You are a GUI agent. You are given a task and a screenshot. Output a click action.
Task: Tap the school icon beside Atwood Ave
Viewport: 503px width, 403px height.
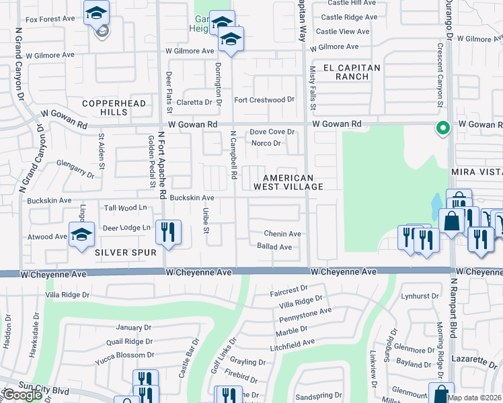pyautogui.click(x=81, y=235)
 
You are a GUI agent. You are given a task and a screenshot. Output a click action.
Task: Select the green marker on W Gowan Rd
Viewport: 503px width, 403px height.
pyautogui.click(x=442, y=128)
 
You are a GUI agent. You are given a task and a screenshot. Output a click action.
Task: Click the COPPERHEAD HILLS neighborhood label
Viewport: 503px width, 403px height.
pyautogui.click(x=104, y=107)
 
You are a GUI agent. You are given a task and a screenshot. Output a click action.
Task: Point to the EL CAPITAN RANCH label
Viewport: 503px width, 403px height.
pyautogui.click(x=342, y=72)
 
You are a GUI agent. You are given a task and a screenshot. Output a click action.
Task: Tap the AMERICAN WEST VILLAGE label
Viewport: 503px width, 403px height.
pyautogui.click(x=288, y=182)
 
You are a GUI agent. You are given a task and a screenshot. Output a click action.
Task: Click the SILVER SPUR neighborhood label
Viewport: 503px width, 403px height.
pyautogui.click(x=126, y=253)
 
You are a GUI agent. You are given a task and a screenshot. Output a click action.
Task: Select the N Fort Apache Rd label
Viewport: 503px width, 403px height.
pyautogui.click(x=162, y=165)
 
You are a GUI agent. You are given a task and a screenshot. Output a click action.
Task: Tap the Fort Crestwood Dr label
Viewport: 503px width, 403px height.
pyautogui.click(x=264, y=100)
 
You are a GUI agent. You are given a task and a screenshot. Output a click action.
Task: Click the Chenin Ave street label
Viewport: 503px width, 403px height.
pyautogui.click(x=282, y=234)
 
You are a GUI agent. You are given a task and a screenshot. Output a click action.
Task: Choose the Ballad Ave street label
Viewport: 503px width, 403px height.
pyautogui.click(x=274, y=247)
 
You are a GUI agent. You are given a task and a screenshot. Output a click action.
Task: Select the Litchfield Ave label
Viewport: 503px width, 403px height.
pyautogui.click(x=293, y=343)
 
